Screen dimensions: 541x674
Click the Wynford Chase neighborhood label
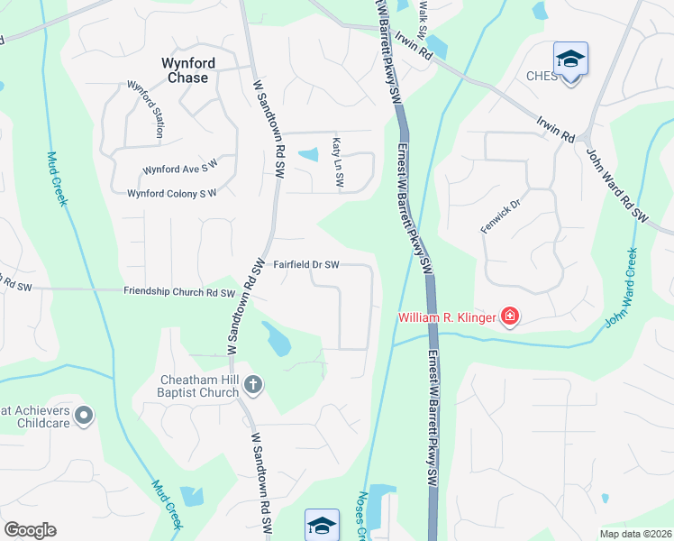point(184,70)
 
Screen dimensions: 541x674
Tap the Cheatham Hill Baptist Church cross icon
point(253,385)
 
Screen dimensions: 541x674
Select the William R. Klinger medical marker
point(510,316)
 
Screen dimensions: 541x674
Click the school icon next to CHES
point(570,60)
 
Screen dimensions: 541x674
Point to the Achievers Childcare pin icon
point(84,415)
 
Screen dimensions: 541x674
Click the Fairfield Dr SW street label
point(306,264)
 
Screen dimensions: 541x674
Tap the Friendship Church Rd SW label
point(178,292)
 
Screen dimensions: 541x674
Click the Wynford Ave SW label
point(180,169)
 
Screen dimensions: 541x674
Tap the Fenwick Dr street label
point(500,217)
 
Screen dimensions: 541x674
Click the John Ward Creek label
point(622,288)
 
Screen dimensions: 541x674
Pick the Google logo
point(29,530)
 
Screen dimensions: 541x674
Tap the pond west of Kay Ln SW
point(308,154)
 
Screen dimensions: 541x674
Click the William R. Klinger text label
point(448,317)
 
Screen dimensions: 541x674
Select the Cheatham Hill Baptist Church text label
point(187,386)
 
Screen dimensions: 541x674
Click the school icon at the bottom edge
point(322,525)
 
